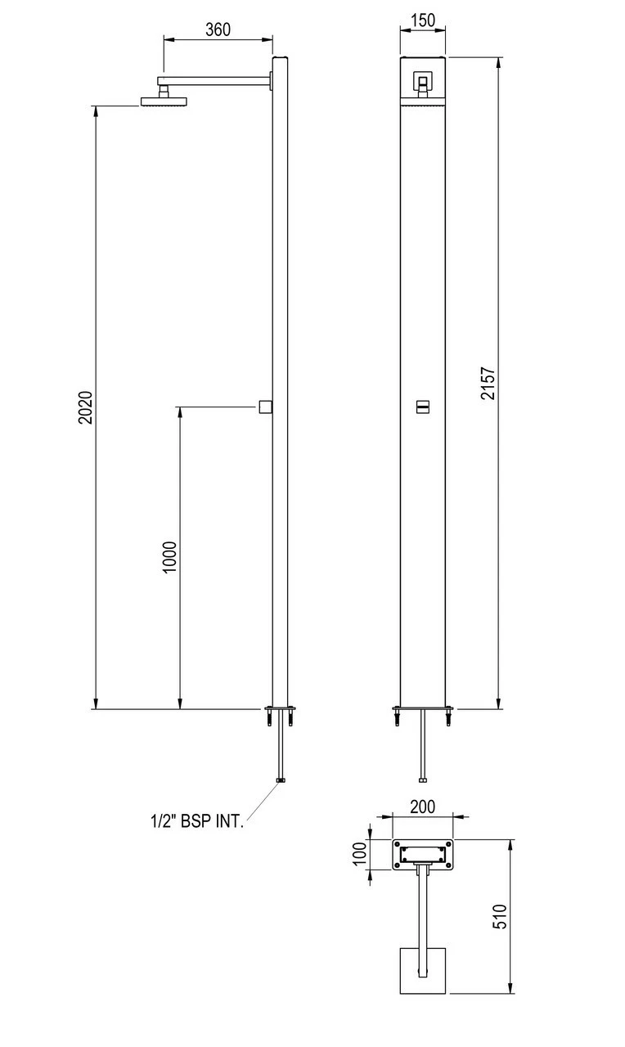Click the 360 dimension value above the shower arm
point(218,29)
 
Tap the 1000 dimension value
point(169,557)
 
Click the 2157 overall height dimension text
point(488,382)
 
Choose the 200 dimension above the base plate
point(422,807)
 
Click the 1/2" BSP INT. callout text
point(196,821)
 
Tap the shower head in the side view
point(164,101)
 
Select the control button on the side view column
point(264,407)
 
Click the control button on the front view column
point(423,407)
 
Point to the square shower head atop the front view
point(423,81)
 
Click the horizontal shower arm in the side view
point(217,79)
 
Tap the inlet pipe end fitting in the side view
point(281,780)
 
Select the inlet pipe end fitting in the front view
point(423,780)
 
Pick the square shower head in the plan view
point(423,971)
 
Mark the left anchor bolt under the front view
point(398,718)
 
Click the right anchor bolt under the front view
point(447,718)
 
